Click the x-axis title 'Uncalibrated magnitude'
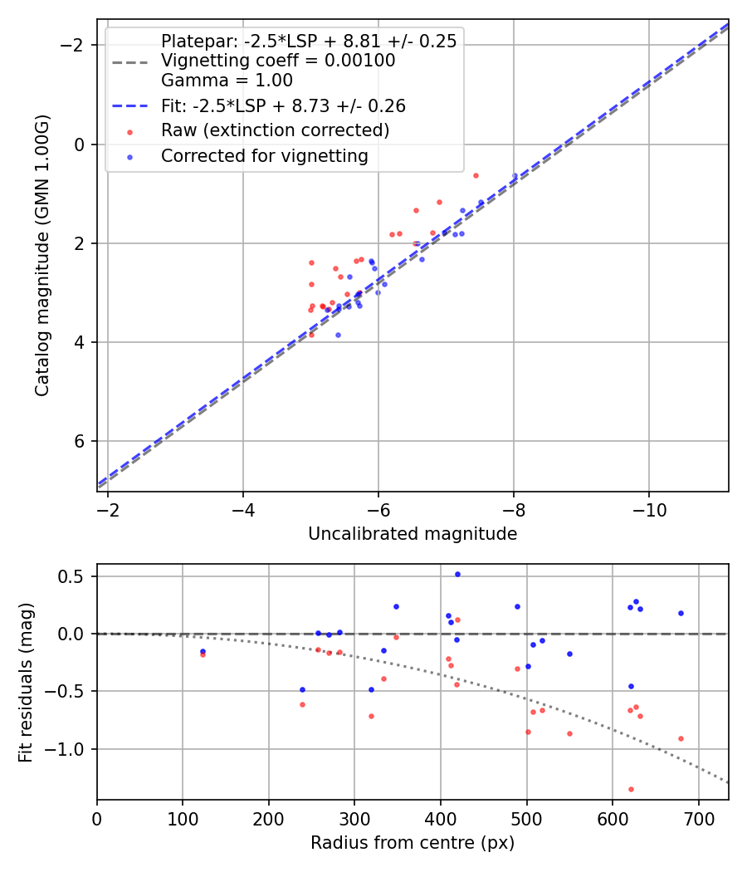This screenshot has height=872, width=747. click(x=413, y=534)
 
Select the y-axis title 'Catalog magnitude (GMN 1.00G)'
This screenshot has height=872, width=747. click(x=42, y=255)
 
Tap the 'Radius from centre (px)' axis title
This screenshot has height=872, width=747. click(x=413, y=844)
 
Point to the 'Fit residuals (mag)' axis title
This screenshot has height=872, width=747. click(x=26, y=682)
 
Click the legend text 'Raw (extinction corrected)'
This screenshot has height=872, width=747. click(x=275, y=130)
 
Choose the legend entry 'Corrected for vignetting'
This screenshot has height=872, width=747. click(x=264, y=156)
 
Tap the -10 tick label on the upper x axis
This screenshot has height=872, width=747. click(x=648, y=508)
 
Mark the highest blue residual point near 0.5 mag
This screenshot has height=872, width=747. click(x=457, y=574)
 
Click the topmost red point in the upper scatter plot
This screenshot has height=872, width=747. click(x=476, y=175)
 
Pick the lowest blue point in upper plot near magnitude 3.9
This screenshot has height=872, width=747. click(x=338, y=335)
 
